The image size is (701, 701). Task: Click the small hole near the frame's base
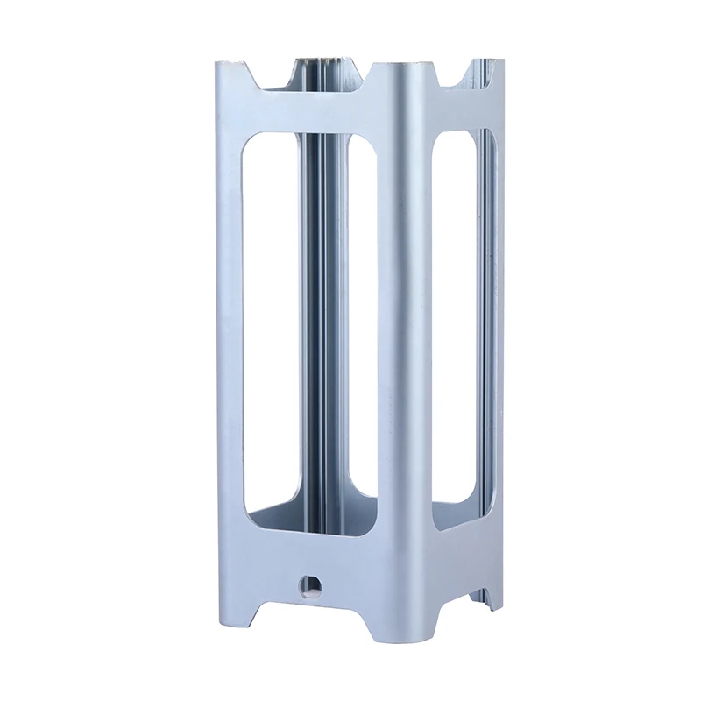[308, 584]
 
